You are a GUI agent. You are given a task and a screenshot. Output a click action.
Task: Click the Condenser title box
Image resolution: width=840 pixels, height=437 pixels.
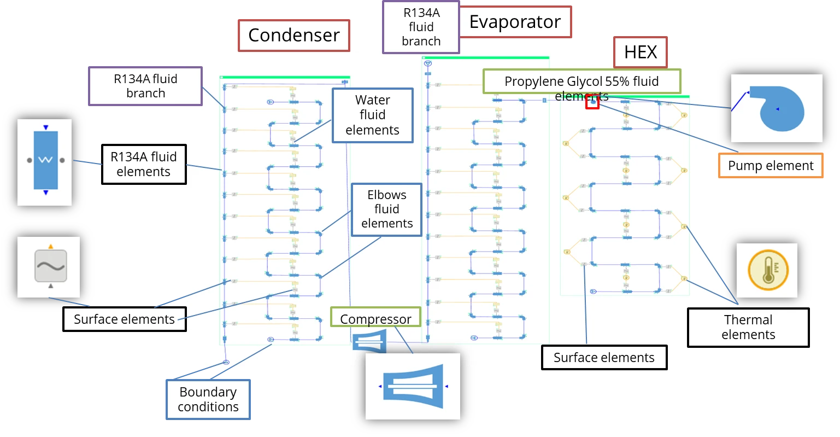[x=294, y=35]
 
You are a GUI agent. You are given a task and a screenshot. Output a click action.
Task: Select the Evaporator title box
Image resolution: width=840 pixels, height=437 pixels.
[x=515, y=22]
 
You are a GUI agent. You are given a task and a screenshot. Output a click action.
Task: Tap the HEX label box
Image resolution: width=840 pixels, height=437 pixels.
[x=641, y=52]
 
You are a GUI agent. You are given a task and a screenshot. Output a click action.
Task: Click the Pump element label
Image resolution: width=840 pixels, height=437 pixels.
[x=771, y=166]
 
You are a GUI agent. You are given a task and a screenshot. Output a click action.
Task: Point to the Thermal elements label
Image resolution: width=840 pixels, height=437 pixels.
[x=748, y=327]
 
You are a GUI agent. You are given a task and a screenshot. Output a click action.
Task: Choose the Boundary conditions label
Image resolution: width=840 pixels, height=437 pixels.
[x=208, y=399]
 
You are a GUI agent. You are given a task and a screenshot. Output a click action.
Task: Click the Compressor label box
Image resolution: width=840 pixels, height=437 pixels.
[x=375, y=318]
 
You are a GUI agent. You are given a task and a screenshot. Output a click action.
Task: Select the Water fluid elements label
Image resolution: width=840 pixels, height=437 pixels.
[x=372, y=115]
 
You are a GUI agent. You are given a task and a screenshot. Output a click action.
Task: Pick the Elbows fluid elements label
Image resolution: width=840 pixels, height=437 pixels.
[x=386, y=209]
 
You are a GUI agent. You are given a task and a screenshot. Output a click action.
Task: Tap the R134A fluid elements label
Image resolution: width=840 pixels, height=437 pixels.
[x=144, y=164]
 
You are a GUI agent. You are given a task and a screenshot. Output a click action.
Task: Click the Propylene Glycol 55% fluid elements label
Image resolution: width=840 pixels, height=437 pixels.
[x=581, y=82]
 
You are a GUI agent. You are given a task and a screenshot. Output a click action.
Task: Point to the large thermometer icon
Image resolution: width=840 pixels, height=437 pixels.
[x=767, y=269]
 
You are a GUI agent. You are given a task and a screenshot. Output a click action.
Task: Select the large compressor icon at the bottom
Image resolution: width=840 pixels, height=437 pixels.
[x=413, y=387]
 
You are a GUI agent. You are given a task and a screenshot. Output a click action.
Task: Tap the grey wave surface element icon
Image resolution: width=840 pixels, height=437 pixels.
[x=50, y=266]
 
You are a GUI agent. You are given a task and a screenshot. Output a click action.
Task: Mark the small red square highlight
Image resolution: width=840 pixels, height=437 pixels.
[x=592, y=102]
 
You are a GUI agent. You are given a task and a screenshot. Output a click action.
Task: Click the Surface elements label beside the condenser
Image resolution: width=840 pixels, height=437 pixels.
[x=125, y=319]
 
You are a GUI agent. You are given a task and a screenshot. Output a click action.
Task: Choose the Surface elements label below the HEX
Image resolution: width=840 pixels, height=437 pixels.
[x=604, y=358]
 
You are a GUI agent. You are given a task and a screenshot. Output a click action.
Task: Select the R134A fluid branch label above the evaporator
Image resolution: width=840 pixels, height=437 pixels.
[x=421, y=27]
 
